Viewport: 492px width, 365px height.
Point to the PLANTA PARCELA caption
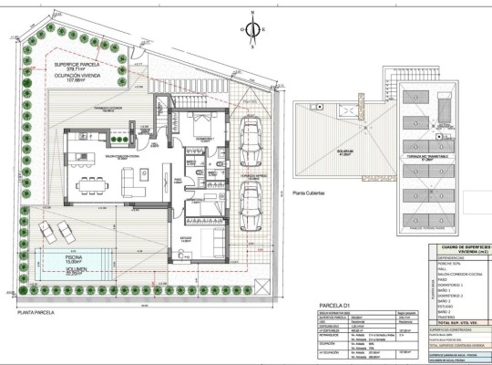pyautogui.click(x=41, y=311)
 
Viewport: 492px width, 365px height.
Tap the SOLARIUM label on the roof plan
pyautogui.click(x=344, y=151)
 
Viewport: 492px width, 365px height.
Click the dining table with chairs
pyautogui.click(x=93, y=185)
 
